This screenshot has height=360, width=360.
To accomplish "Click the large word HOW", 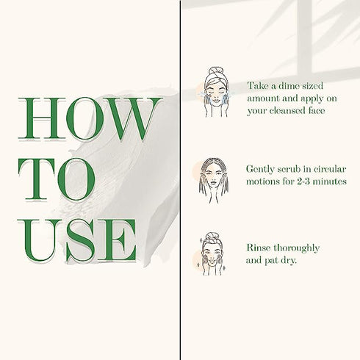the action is (90, 118).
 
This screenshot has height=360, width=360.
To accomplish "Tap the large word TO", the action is (57, 179).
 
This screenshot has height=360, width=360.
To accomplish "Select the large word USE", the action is (77, 240).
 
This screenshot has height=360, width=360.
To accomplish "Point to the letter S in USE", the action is (80, 240).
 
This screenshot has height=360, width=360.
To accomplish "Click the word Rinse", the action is (258, 248).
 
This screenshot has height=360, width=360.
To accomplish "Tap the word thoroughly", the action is (297, 248).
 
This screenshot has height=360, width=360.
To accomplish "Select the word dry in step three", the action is (289, 260).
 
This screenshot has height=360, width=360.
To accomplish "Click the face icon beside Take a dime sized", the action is (216, 92).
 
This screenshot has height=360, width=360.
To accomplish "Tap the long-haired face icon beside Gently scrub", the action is (214, 181).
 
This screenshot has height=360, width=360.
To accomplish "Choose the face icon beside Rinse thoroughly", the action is (212, 253).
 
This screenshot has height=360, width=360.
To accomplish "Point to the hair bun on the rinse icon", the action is (212, 235).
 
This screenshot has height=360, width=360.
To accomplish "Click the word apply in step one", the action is (312, 99).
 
